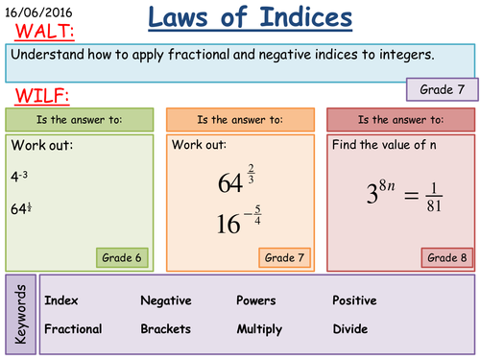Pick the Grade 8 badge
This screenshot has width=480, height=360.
click(446, 257)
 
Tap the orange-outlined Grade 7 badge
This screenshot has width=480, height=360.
click(285, 257)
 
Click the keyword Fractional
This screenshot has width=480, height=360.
click(73, 328)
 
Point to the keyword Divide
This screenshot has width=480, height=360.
click(349, 328)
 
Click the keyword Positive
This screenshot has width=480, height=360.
click(354, 300)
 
